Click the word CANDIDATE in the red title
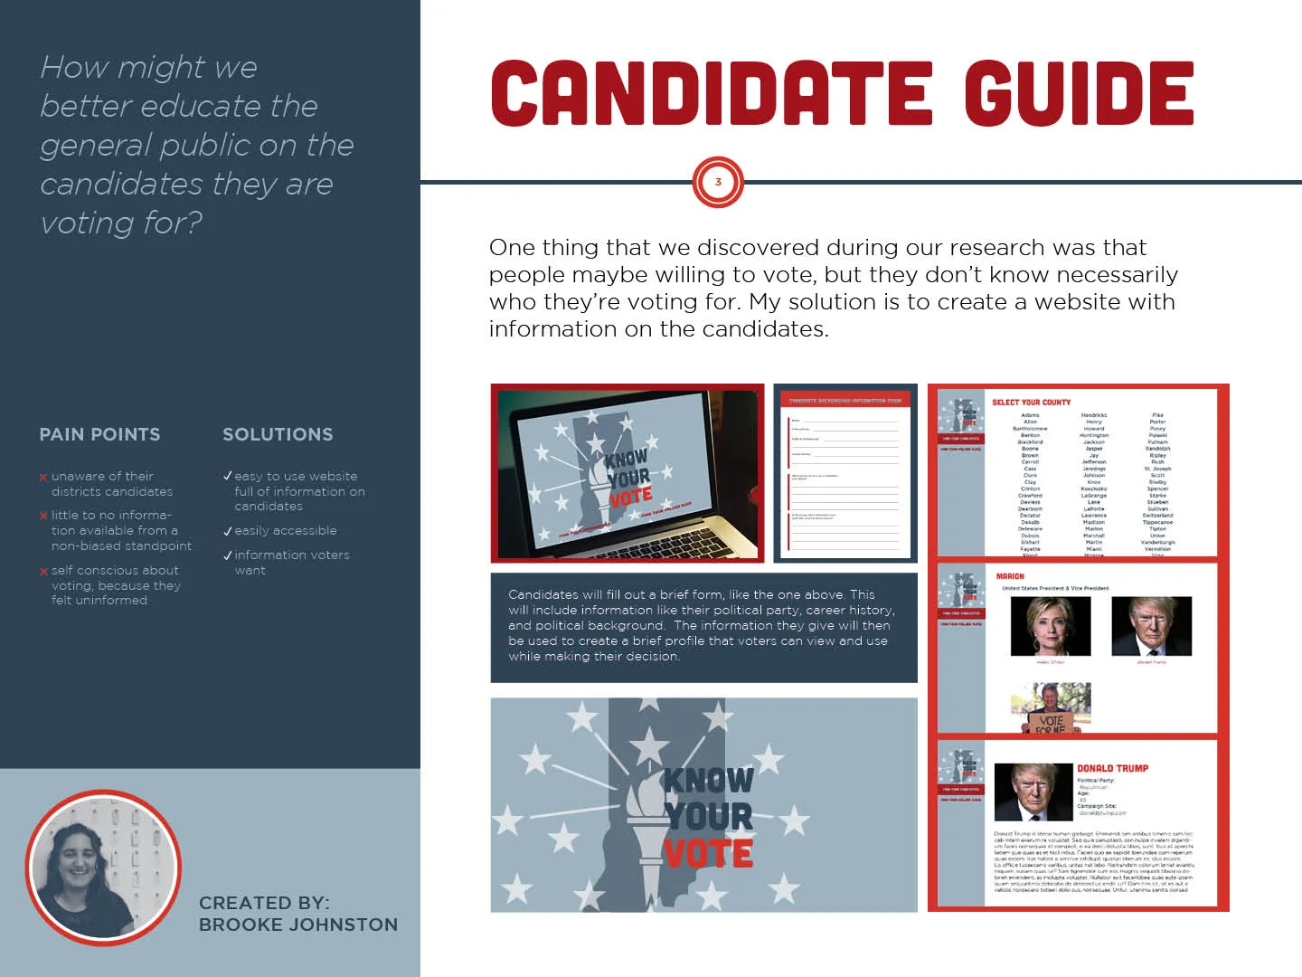tap(711, 94)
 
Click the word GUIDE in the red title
tap(1078, 94)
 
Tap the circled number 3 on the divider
tap(718, 182)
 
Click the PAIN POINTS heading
tap(99, 435)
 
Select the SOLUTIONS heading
tap(278, 435)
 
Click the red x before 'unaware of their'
tap(43, 478)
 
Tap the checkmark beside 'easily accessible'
tap(228, 532)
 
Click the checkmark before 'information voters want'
tap(228, 555)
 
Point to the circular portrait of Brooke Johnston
tap(102, 868)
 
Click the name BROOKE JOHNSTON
tap(298, 925)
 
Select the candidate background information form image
tap(844, 473)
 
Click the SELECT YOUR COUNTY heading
tap(1031, 403)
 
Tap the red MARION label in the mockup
tap(1010, 576)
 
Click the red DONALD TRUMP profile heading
tap(1112, 768)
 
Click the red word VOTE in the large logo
tap(708, 854)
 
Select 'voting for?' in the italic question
tap(121, 223)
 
